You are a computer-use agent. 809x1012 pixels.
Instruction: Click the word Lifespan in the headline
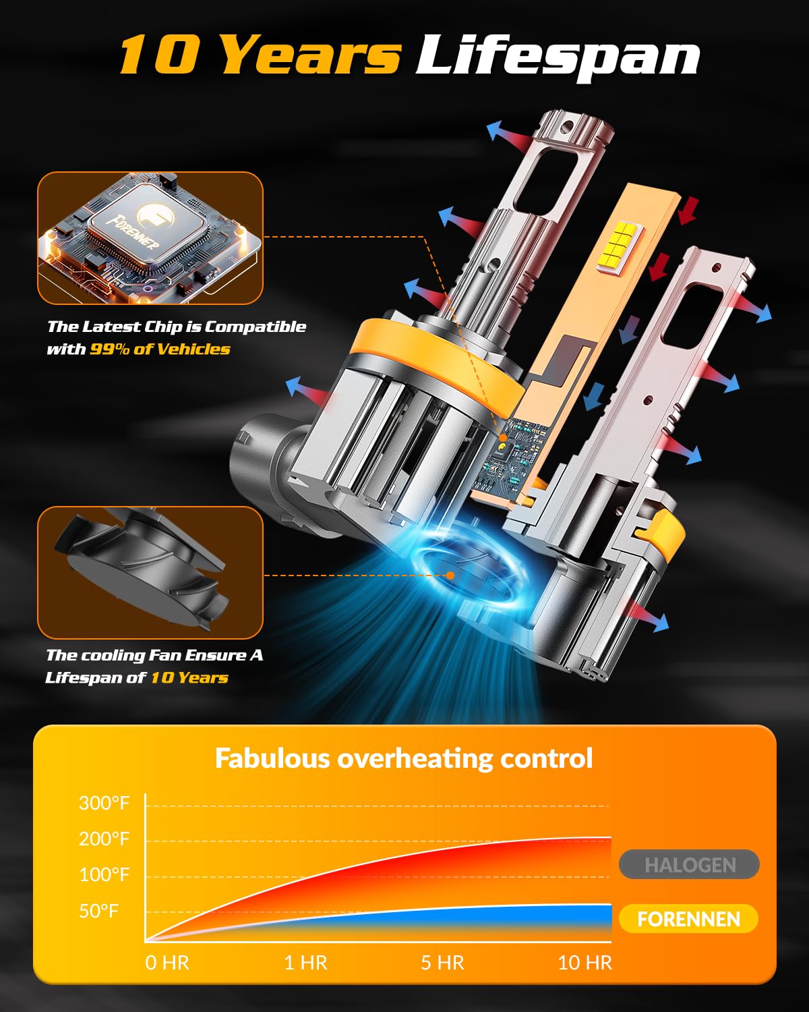coord(558,57)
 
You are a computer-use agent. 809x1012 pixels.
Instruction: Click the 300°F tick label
coord(104,803)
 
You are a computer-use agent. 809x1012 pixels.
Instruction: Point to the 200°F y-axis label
coord(104,839)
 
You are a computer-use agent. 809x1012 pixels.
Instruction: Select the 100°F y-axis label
coord(104,874)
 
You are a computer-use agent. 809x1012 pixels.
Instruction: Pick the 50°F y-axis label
coord(98,911)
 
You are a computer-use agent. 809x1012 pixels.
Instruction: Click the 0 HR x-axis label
coord(167,963)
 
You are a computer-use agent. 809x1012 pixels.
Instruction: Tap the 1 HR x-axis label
coord(305,963)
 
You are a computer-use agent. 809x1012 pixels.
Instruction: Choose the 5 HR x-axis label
coord(442,963)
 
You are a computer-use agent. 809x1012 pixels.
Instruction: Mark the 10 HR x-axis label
coord(585,963)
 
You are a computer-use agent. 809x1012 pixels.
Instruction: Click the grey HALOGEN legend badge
coord(689,864)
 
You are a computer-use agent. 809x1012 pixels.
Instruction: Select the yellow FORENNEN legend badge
coord(688,918)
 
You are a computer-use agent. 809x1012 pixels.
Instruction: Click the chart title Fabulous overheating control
coord(404,758)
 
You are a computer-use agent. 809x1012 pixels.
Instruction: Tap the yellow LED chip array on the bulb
coord(620,248)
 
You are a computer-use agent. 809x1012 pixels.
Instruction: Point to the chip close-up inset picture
coord(150,238)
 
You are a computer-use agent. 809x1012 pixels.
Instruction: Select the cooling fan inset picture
coord(150,572)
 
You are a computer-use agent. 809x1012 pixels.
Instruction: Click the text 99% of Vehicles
coord(160,349)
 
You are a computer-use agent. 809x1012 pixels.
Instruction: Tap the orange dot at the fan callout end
coord(450,575)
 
